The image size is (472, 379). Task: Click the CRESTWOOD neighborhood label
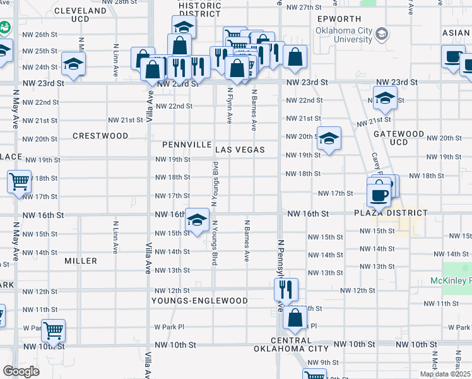point(100,136)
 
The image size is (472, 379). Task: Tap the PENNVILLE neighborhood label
point(186,145)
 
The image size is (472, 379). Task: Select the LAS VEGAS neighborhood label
point(239,150)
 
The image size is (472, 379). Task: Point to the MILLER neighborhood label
point(81,261)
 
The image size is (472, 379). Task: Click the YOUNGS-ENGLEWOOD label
point(199,301)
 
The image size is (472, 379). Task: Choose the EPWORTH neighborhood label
point(339,19)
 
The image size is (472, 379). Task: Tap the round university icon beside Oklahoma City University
point(382,34)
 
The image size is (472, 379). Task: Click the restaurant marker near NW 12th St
point(286,289)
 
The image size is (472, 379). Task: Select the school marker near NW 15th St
point(198,220)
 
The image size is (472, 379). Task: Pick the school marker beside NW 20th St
point(329,138)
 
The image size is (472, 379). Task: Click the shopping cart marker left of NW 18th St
point(20,181)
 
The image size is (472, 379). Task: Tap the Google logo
point(21,371)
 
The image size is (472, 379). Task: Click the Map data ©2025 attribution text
point(445,374)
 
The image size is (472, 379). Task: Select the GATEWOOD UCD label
point(398,138)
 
